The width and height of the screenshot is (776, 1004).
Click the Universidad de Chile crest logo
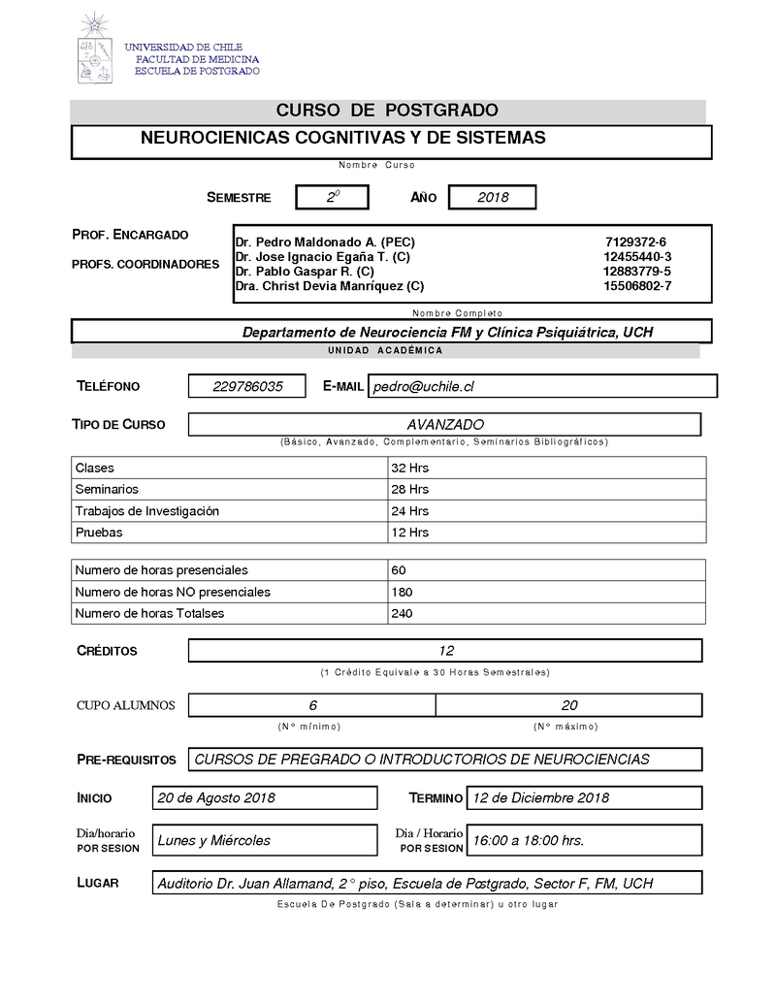[94, 49]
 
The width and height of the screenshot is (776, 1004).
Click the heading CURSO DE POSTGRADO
[387, 111]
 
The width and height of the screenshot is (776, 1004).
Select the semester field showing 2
[333, 197]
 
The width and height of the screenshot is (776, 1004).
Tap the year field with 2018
[493, 197]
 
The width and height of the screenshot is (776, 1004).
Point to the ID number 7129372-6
[635, 242]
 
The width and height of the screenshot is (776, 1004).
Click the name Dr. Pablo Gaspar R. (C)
[305, 272]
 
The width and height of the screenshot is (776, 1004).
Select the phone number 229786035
[247, 386]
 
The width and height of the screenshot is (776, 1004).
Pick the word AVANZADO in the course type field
[445, 425]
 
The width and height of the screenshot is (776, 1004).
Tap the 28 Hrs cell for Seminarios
[409, 489]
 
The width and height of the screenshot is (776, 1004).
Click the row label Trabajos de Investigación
[147, 510]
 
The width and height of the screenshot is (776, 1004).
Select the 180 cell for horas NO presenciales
[402, 592]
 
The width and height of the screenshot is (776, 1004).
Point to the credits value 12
[446, 651]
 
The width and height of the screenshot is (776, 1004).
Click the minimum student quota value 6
[312, 705]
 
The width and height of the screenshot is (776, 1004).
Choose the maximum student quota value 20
[569, 705]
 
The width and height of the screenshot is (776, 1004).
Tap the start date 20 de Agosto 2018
[216, 797]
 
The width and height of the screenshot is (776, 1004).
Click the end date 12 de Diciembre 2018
[540, 797]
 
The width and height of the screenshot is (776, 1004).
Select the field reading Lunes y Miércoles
[214, 840]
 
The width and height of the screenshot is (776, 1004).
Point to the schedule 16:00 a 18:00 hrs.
[528, 840]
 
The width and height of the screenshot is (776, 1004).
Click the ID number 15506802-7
[636, 286]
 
